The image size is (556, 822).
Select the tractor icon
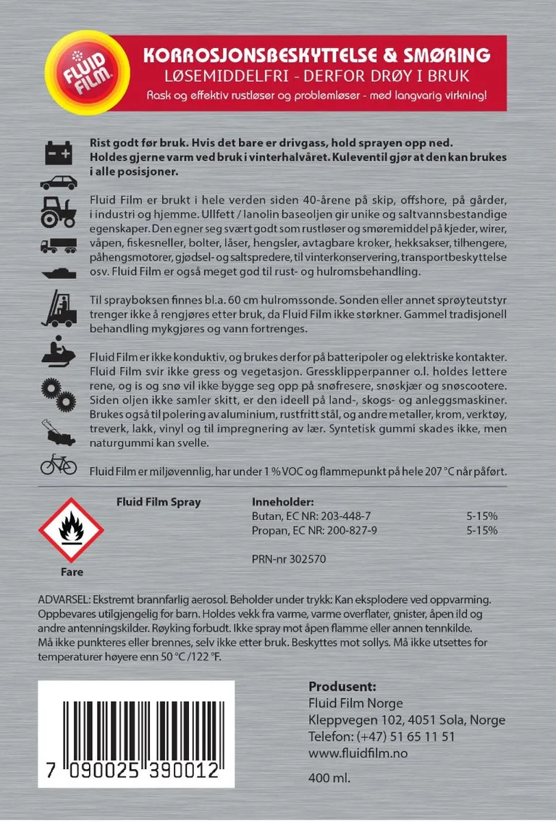click(58, 210)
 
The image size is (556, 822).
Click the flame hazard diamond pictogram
click(71, 530)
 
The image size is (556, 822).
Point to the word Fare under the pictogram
click(71, 572)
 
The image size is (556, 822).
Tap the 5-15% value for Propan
click(482, 530)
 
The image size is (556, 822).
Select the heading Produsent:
click(342, 687)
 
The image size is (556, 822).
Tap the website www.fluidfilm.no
click(358, 754)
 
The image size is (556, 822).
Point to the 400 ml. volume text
click(329, 779)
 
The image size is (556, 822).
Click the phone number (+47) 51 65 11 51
click(405, 737)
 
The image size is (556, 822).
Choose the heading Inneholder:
click(283, 502)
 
